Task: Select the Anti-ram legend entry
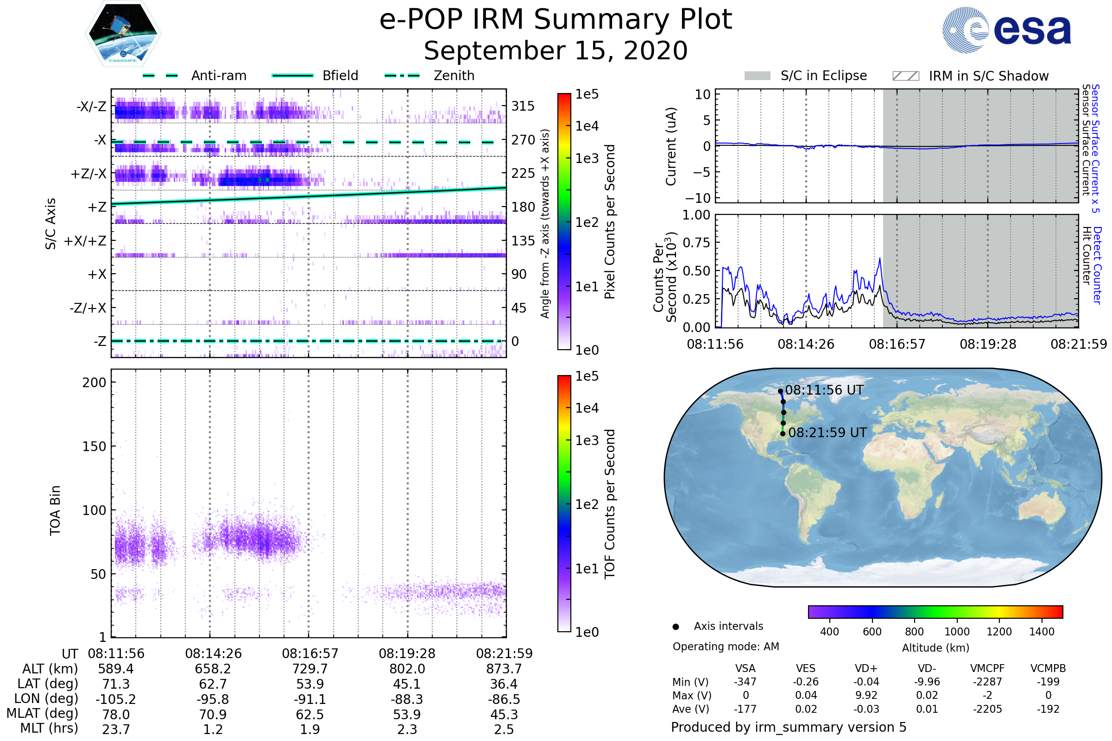point(218,75)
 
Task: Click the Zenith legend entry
point(454,75)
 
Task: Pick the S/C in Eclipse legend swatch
point(757,76)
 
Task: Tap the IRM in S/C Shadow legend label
point(988,76)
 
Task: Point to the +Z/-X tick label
point(88,174)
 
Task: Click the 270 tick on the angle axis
point(523,140)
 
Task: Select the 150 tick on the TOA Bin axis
point(94,446)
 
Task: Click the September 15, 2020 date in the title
point(556,50)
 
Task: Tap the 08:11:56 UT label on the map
point(824,390)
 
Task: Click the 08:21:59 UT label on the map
point(828,433)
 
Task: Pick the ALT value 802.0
point(407,669)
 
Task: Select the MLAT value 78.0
point(116,714)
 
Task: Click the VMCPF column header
point(987,668)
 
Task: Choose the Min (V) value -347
point(745,682)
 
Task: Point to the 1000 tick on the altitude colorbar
point(956,632)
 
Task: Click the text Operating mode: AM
point(726,647)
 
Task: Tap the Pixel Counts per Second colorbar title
point(610,221)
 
